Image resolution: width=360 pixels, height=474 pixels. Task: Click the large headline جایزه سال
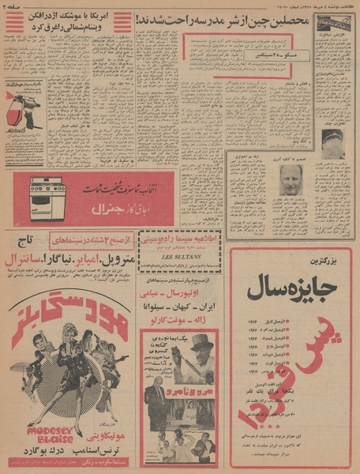click(x=288, y=288)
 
